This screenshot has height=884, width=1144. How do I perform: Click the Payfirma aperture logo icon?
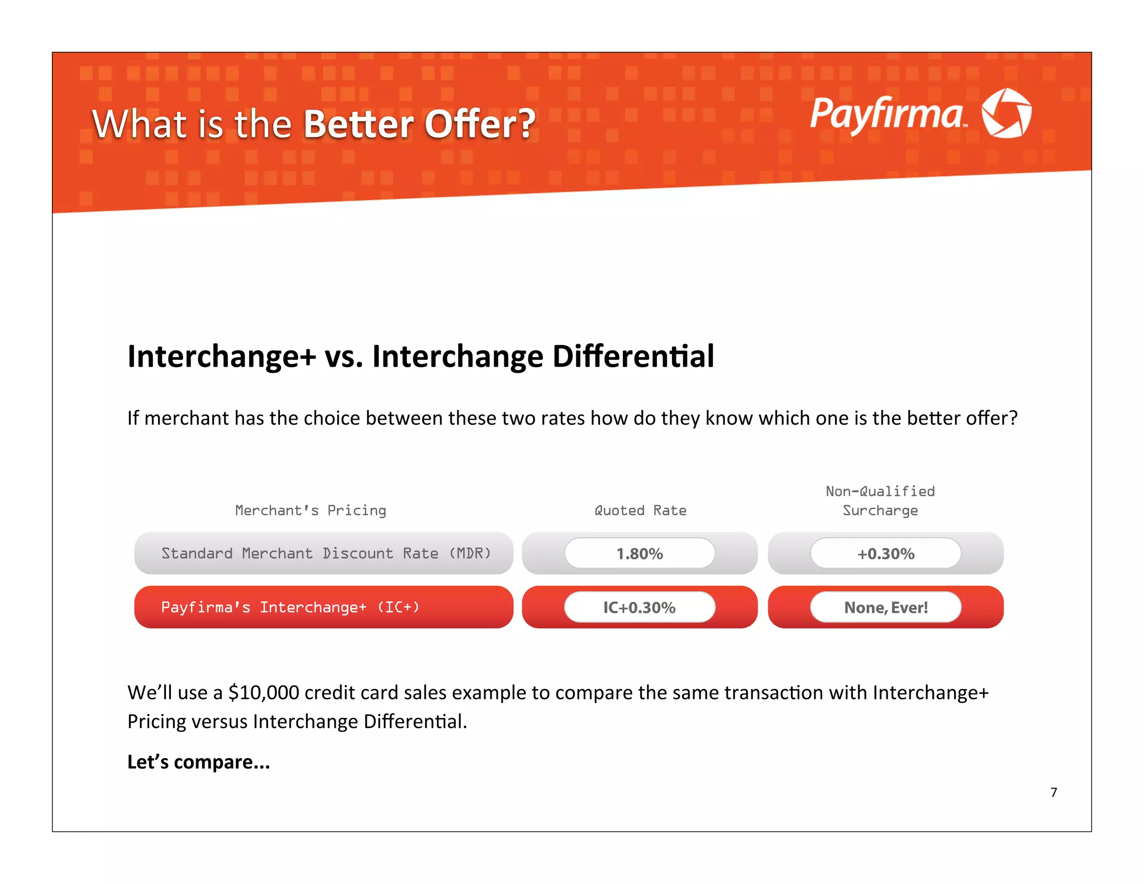1006,113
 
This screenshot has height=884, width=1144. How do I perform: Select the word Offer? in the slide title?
480,124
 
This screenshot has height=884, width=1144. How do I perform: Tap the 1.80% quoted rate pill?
640,554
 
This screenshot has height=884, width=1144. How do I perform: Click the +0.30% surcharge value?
886,554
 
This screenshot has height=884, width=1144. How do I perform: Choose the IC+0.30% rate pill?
640,607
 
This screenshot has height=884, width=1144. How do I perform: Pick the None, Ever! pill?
886,607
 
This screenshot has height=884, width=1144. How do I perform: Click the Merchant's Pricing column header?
311,510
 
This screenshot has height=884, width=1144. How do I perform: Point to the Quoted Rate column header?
640,510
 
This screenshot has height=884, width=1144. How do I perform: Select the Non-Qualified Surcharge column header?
880,501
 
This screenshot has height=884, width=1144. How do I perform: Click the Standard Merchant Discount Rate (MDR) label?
326,553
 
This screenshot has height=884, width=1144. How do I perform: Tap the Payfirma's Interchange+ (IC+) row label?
290,607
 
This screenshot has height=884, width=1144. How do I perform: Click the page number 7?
1054,792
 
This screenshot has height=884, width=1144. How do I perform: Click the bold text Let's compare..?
198,762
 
